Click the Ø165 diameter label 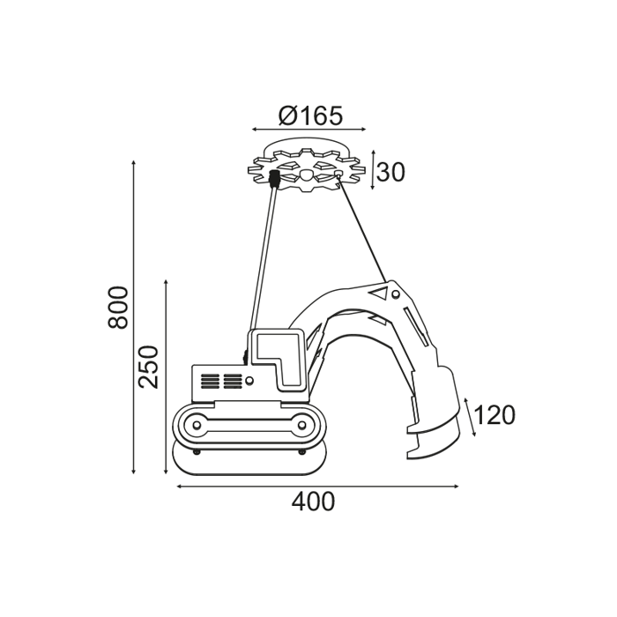[310, 115]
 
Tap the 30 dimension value [390, 172]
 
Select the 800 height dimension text [117, 308]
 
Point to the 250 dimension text [149, 367]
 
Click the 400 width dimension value [313, 502]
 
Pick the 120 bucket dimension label [494, 415]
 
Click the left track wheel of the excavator [197, 425]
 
